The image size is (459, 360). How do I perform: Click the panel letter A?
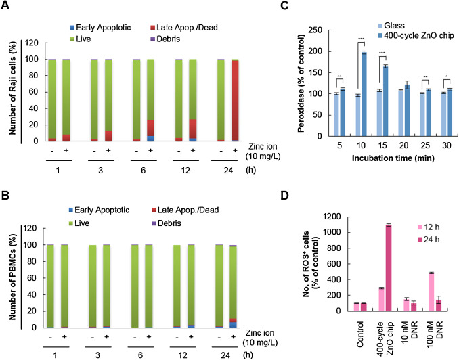[x=5, y=6]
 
